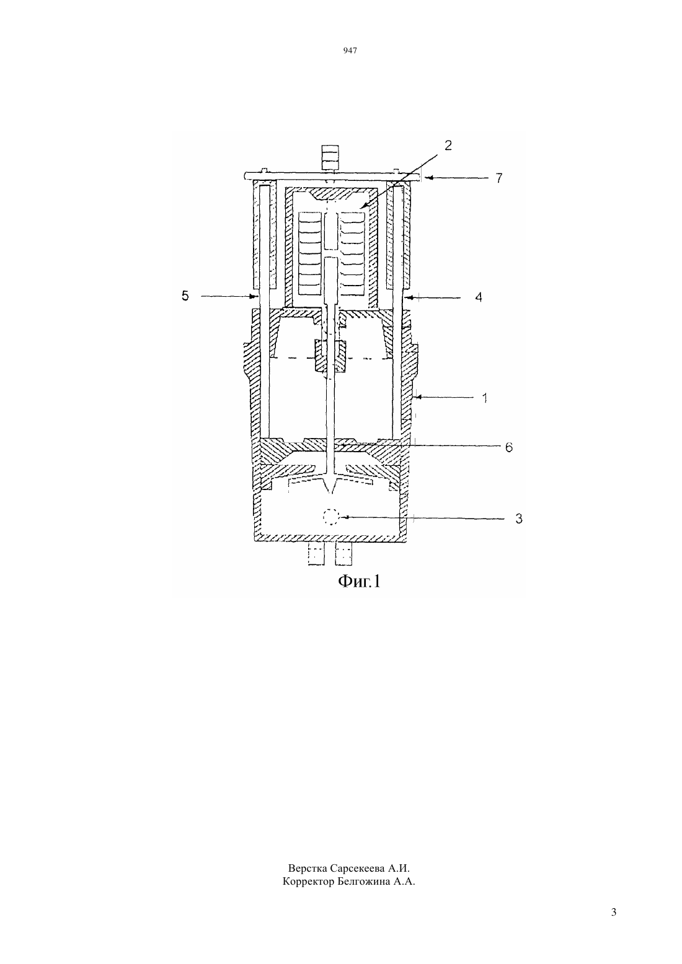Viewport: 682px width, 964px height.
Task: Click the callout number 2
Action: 448,146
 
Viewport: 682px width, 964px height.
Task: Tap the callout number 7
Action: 499,178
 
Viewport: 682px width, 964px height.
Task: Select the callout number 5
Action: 185,296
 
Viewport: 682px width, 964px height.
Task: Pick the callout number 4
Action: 479,297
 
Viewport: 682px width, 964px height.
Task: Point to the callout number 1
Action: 485,398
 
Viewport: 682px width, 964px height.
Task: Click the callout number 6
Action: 509,447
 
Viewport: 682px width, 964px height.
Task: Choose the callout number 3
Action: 519,519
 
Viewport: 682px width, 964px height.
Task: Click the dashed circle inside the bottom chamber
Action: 331,517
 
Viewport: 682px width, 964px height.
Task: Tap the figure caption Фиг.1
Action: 360,582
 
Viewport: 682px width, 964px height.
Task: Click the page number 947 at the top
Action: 350,51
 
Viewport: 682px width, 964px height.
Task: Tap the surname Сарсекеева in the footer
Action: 357,867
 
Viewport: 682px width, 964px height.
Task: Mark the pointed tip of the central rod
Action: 330,493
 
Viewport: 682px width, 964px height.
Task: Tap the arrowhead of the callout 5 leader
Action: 254,296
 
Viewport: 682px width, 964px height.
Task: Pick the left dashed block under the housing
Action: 316,554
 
